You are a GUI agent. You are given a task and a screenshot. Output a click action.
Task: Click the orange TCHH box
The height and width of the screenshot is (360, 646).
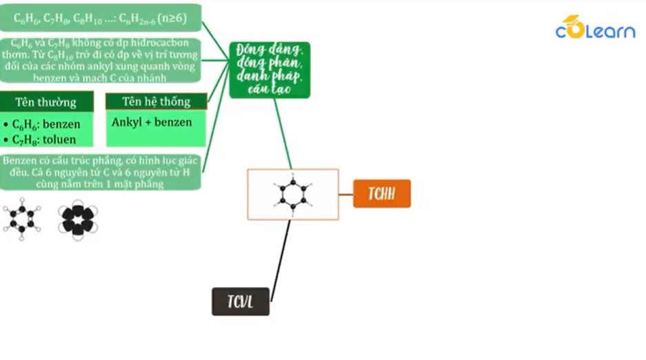pyautogui.click(x=381, y=194)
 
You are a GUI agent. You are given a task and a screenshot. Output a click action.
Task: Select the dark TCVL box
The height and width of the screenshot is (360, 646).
pyautogui.click(x=240, y=301)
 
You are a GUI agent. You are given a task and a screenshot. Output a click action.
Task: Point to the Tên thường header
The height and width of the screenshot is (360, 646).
pyautogui.click(x=46, y=102)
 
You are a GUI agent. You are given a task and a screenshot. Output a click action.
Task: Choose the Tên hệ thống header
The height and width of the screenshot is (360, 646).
pyautogui.click(x=156, y=101)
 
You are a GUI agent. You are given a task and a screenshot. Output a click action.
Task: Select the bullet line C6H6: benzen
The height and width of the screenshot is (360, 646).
pyautogui.click(x=42, y=124)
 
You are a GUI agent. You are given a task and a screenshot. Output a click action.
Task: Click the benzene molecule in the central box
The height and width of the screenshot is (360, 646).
pyautogui.click(x=292, y=194)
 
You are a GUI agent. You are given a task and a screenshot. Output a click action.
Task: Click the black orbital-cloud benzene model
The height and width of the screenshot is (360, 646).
pyautogui.click(x=77, y=219)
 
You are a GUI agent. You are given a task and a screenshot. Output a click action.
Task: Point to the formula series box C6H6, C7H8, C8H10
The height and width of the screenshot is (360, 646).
pyautogui.click(x=100, y=19)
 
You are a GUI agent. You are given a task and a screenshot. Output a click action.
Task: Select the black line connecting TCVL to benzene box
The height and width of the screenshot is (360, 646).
pyautogui.click(x=281, y=259)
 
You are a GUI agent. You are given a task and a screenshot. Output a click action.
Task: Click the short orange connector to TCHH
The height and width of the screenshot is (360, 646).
pyautogui.click(x=345, y=194)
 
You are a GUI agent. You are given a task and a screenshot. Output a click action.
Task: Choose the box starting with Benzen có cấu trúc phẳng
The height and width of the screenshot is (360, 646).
pyautogui.click(x=100, y=172)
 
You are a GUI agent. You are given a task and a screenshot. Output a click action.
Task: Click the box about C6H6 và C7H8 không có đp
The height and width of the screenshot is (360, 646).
pyautogui.click(x=100, y=60)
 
